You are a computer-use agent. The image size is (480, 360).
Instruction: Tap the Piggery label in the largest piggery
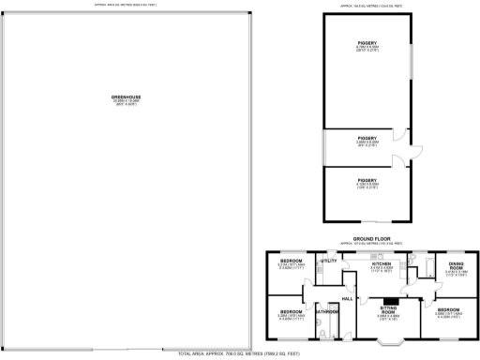tap(367, 43)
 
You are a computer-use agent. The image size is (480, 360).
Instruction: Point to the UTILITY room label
tap(328, 261)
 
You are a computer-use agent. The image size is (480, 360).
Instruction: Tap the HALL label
tap(347, 298)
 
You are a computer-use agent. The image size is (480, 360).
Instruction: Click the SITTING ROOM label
tap(388, 308)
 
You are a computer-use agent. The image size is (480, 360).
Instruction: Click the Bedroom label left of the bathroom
tap(291, 311)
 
